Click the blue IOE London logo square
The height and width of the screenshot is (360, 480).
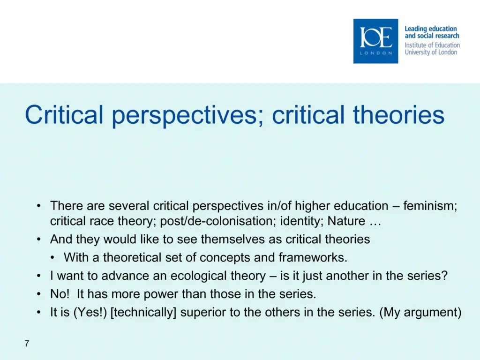pyautogui.click(x=375, y=41)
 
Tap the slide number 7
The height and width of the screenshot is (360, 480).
pyautogui.click(x=27, y=344)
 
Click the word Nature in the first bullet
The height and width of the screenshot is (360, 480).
pyautogui.click(x=346, y=221)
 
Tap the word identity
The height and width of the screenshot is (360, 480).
pyautogui.click(x=302, y=221)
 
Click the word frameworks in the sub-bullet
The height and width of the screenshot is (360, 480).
pyautogui.click(x=313, y=257)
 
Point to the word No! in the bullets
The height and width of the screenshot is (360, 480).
pyautogui.click(x=60, y=294)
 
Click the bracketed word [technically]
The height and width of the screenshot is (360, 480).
pyautogui.click(x=143, y=313)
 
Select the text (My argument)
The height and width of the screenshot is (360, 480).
pyautogui.click(x=420, y=313)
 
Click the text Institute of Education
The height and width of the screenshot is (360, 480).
pyautogui.click(x=432, y=45)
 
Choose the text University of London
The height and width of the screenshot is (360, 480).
pyautogui.click(x=431, y=52)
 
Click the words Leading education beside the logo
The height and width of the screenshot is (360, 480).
pyautogui.click(x=431, y=29)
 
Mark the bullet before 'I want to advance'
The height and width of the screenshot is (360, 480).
pyautogui.click(x=38, y=276)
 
